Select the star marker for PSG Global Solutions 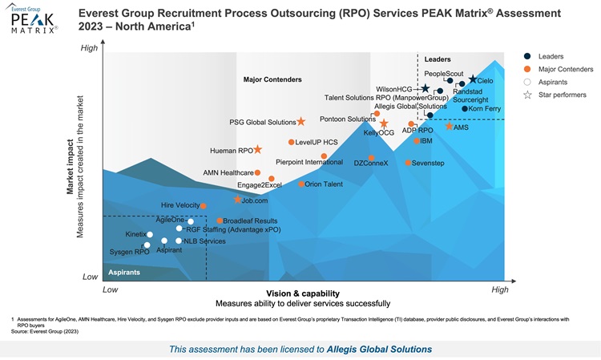point(301,122)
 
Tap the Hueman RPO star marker point(258,150)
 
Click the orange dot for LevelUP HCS point(292,142)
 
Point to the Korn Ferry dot point(465,108)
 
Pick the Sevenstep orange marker point(408,163)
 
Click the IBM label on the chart point(426,140)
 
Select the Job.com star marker point(238,200)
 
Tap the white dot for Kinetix point(150,234)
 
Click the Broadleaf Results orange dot point(220,220)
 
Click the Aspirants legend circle point(527,82)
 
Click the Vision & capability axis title point(302,293)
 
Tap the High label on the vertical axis point(90,48)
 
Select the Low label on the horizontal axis point(111,289)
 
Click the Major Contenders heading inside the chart point(272,79)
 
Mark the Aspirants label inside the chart point(125,273)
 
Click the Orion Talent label point(324,184)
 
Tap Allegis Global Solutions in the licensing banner point(379,349)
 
